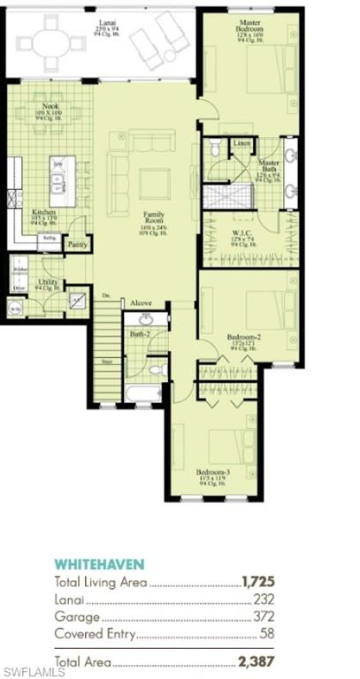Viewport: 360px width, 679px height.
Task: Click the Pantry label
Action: pos(78,244)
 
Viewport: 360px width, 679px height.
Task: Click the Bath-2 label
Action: pos(139,334)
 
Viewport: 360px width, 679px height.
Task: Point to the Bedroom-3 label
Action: pos(212,472)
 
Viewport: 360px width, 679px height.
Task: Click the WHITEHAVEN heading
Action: pos(99,564)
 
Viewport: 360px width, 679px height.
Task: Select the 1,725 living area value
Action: pos(257,582)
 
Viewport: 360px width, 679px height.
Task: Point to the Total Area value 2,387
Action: pos(257,660)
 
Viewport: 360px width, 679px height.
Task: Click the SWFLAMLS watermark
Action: pos(33,672)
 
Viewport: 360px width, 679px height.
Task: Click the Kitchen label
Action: pos(44,213)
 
